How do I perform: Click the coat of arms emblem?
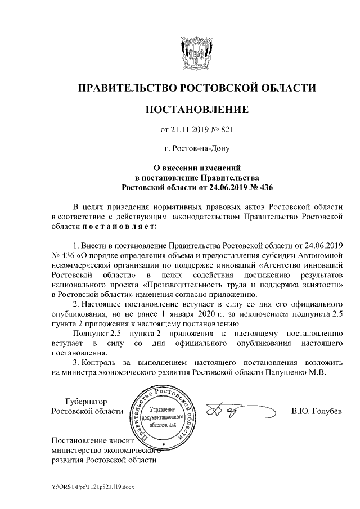click(196, 53)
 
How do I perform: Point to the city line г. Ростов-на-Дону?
click(196, 150)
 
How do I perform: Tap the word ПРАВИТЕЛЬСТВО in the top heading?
click(127, 88)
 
